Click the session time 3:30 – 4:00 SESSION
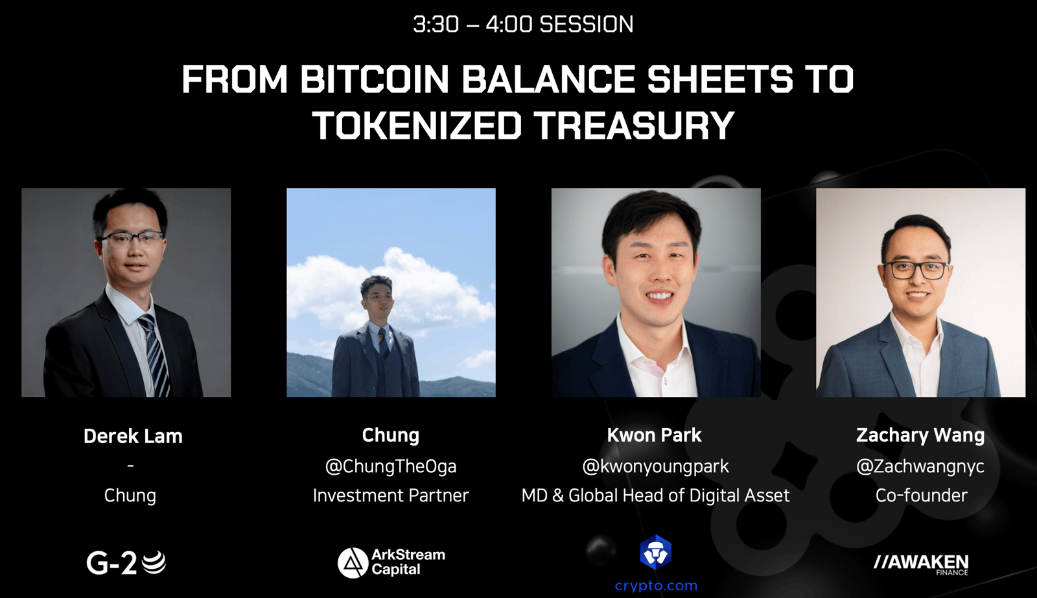pyautogui.click(x=523, y=24)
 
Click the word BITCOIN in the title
pyautogui.click(x=375, y=78)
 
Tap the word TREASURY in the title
pyautogui.click(x=634, y=125)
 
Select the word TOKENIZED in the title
pyautogui.click(x=417, y=125)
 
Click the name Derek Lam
pyautogui.click(x=133, y=436)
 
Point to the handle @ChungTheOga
pyautogui.click(x=391, y=466)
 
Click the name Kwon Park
pyautogui.click(x=654, y=435)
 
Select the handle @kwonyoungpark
pyautogui.click(x=655, y=466)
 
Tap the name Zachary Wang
pyautogui.click(x=920, y=435)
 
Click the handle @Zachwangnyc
pyautogui.click(x=920, y=466)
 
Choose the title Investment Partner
pyautogui.click(x=391, y=495)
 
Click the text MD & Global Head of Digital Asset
pyautogui.click(x=655, y=496)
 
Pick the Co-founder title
pyautogui.click(x=921, y=495)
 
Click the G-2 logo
pyautogui.click(x=126, y=563)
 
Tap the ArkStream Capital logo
pyautogui.click(x=391, y=562)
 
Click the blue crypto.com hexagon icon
pyautogui.click(x=655, y=552)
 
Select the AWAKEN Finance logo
pyautogui.click(x=921, y=564)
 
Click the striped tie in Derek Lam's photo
pyautogui.click(x=155, y=353)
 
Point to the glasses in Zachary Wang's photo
pyautogui.click(x=915, y=270)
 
